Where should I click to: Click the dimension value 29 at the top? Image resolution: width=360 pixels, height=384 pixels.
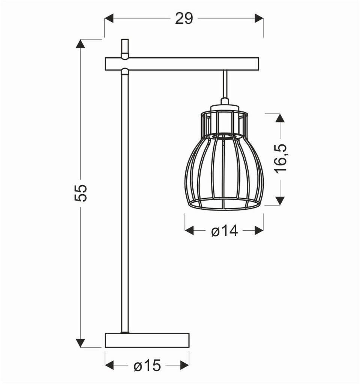coord(184,18)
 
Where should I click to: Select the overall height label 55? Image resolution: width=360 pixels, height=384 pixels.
coord(81,193)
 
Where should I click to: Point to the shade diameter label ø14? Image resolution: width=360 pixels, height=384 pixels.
coord(224,231)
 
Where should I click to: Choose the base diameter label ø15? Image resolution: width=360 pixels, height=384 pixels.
coord(147,366)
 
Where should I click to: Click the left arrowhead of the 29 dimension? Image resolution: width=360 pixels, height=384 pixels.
coord(109,18)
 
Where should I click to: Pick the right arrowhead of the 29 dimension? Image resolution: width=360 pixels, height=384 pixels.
coord(258,18)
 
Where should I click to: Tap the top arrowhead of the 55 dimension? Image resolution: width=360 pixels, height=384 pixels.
coord(80,44)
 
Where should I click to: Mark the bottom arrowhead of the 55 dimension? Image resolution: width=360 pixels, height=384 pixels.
coord(80,342)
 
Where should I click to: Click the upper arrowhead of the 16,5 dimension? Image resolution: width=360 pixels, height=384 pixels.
coord(280,118)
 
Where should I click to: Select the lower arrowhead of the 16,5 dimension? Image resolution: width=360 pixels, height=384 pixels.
coord(280,201)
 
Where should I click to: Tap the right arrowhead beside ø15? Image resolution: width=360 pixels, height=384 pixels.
coord(184,365)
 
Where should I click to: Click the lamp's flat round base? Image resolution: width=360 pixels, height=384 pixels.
coord(147,340)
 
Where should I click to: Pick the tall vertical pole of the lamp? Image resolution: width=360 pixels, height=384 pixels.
coord(125,202)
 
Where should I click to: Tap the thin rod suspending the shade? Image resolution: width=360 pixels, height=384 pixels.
coord(225,84)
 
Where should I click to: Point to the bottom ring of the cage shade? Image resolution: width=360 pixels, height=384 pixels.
coord(224,204)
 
